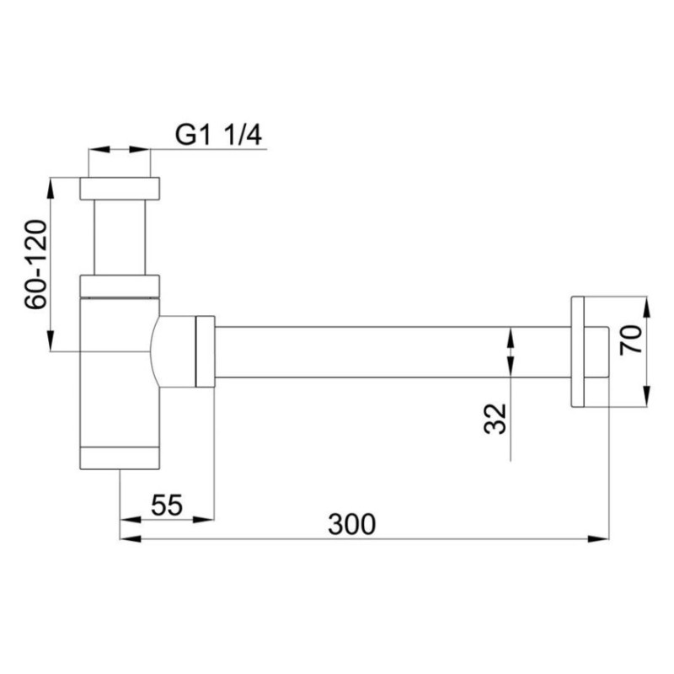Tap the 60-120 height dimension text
[35, 264]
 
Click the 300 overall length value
[351, 524]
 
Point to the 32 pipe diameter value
[496, 418]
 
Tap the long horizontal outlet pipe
[388, 351]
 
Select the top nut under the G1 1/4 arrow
[120, 188]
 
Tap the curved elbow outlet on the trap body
[173, 351]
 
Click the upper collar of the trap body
[120, 286]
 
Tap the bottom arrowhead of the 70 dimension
[645, 400]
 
